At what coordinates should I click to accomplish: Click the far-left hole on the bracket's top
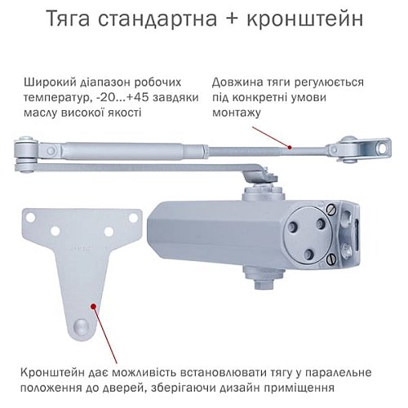point(32,219)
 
